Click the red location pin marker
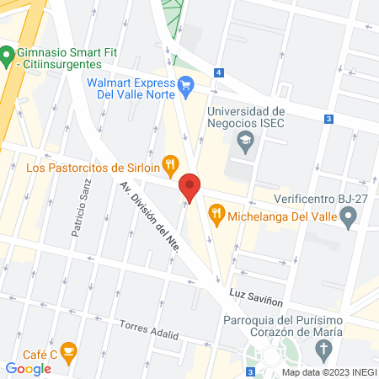tap(190, 186)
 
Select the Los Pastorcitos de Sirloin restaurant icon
tap(170, 165)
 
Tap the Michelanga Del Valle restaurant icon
tap(217, 213)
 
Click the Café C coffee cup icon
tap(70, 352)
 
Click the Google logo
tap(28, 369)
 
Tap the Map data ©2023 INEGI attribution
tap(328, 372)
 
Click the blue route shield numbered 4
tap(218, 73)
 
